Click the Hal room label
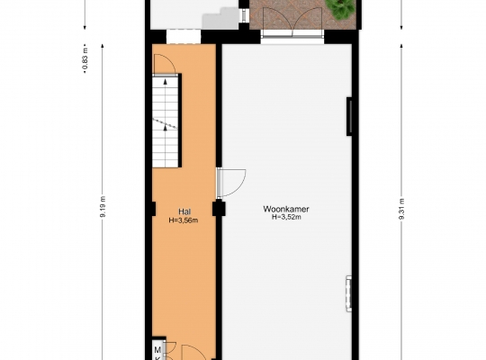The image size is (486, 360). (x=184, y=211)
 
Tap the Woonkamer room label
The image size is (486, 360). (x=286, y=210)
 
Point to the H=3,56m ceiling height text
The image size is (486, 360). (x=184, y=220)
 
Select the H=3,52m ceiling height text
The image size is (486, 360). (x=286, y=217)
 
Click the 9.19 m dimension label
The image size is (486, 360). (x=103, y=207)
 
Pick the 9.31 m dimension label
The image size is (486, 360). (x=401, y=209)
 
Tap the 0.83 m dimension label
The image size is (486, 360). (x=85, y=58)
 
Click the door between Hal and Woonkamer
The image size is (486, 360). (x=231, y=183)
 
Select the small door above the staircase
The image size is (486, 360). (x=165, y=65)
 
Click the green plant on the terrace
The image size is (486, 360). (x=340, y=9)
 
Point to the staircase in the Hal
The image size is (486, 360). (x=166, y=121)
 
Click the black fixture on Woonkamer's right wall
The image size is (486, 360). (x=349, y=116)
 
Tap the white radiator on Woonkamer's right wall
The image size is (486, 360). (x=348, y=293)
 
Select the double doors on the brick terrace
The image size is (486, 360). (x=292, y=22)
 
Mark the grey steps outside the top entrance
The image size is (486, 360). (x=220, y=19)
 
